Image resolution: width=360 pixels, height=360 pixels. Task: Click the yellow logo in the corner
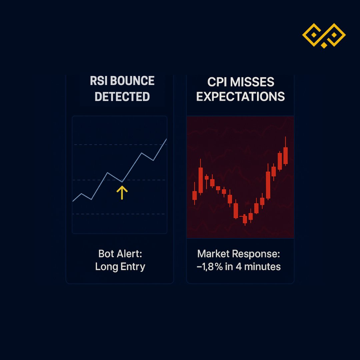tap(324, 35)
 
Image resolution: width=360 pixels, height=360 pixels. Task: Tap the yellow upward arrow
tap(122, 193)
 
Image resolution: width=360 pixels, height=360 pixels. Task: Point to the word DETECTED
tap(122, 97)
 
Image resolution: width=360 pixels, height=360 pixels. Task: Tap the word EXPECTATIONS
tap(240, 97)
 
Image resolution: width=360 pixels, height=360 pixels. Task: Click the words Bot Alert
tap(120, 254)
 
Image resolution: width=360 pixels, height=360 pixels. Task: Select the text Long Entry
tap(120, 267)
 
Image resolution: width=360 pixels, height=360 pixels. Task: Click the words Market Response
tap(239, 254)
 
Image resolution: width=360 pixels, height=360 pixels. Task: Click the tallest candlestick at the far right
tap(285, 155)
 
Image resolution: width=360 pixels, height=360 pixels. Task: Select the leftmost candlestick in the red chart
tap(195, 195)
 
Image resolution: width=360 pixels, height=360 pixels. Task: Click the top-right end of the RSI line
tap(166, 139)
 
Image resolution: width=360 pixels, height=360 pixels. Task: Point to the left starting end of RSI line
tap(73, 201)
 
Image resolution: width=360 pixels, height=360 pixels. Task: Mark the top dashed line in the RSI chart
tap(100, 145)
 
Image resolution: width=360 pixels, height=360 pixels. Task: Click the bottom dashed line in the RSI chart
tap(100, 214)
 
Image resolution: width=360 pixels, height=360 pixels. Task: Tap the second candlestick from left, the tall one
tap(201, 180)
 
